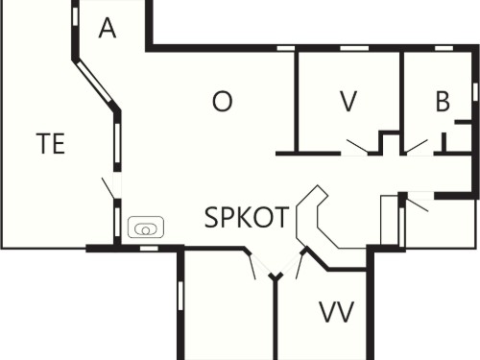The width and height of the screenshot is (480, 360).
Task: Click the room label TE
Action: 51,143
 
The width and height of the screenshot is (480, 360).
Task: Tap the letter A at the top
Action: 108,28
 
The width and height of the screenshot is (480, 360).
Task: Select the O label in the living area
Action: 223,101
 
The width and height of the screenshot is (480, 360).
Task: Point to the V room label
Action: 348,101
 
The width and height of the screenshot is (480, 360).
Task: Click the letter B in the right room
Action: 443,101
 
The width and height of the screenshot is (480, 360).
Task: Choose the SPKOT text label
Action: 247,217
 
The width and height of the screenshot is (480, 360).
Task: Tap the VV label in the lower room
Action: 337,312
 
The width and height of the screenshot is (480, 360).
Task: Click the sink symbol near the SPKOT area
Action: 146,228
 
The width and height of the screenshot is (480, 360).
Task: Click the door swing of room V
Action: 357,146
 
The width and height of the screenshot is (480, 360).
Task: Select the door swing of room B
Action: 416,146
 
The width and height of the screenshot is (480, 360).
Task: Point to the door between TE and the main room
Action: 108,188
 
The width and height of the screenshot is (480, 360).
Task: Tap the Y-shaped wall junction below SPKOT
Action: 276,276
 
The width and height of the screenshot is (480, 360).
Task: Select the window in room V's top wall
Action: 354,48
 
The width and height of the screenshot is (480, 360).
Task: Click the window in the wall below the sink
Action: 150,249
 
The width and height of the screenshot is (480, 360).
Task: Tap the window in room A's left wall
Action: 75,16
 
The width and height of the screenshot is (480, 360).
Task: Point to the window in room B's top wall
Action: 444,48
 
